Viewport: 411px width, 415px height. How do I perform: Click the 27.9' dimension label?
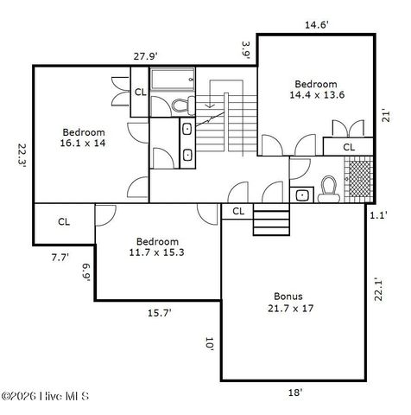pos(144,56)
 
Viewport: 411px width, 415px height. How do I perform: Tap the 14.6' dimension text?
pos(316,25)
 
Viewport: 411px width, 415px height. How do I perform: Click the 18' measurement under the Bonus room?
pos(294,393)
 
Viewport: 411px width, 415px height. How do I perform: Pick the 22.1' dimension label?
pos(378,287)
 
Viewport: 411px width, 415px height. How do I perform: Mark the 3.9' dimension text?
pos(246,50)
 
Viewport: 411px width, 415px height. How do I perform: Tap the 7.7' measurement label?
pos(60,257)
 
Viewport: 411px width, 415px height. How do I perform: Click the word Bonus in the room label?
pos(289,296)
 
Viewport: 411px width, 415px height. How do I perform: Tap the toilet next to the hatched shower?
pos(328,188)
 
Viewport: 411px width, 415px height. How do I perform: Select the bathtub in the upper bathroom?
pos(176,82)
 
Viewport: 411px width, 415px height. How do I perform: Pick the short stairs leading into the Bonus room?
pos(270,221)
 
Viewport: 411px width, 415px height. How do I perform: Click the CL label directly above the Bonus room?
pos(238,211)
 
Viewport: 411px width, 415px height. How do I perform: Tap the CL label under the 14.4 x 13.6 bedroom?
pos(349,147)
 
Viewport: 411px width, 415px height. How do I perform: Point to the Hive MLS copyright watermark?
pos(45,397)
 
